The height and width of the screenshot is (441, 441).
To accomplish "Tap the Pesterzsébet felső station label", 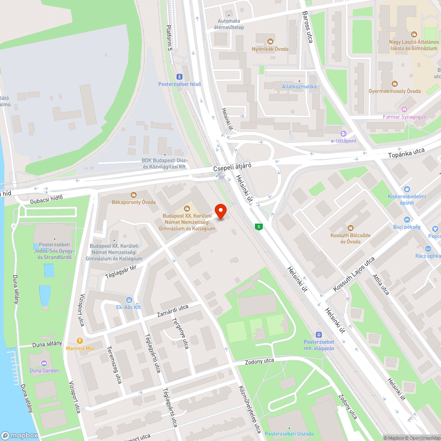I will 179,84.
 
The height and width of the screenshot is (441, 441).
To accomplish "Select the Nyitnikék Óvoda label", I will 270,49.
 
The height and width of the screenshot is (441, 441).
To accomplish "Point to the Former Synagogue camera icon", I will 404,109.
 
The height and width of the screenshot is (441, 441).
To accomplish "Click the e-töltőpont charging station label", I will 344,141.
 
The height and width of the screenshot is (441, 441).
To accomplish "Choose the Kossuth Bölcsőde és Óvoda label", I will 351,238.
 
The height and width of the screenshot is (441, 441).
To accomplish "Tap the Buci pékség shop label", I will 407,227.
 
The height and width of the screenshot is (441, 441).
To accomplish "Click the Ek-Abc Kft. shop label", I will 129,307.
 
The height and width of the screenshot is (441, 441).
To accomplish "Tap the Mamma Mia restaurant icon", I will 80,340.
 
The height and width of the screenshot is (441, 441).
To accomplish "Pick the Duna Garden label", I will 44,370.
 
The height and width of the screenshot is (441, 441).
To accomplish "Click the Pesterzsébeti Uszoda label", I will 289,434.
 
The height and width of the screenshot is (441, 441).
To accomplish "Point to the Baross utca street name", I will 307,27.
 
